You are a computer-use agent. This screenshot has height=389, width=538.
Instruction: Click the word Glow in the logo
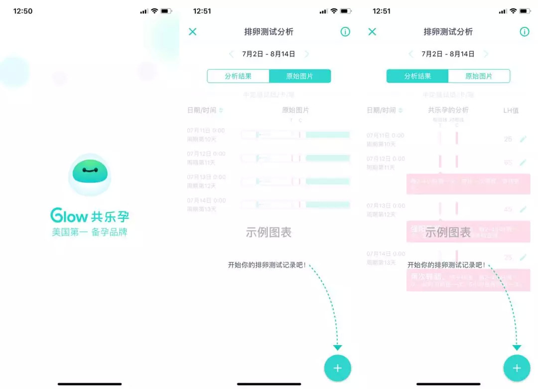tap(69, 216)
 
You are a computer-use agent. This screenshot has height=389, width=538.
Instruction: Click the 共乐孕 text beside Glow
tap(110, 216)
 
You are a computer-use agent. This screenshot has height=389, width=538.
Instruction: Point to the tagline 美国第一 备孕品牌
tap(90, 232)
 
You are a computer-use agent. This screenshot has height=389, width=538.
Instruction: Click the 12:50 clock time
tap(23, 11)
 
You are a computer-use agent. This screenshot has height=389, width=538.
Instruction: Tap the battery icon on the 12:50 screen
tap(166, 11)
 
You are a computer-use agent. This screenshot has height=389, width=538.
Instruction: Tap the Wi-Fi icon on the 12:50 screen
tap(154, 11)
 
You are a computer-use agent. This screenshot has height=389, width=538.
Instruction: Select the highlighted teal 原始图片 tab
tap(300, 76)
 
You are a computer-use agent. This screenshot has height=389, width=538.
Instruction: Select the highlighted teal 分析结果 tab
tap(417, 76)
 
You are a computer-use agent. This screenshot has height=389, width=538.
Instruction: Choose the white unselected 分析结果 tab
tap(238, 76)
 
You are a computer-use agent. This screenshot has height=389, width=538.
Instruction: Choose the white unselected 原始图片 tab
tap(479, 76)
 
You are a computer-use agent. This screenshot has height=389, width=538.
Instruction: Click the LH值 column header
tap(511, 110)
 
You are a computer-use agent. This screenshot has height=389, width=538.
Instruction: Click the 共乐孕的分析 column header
tap(448, 110)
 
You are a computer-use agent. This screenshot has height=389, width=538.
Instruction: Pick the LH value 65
tap(508, 163)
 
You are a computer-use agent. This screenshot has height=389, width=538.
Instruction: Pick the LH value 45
tap(508, 209)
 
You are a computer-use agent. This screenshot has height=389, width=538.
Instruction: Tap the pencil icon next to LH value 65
tap(523, 163)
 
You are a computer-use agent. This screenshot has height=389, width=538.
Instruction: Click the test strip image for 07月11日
tap(295, 135)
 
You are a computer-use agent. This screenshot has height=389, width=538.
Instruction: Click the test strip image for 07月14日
tap(295, 204)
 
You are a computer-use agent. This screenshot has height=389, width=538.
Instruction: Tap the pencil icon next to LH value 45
tap(523, 209)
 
